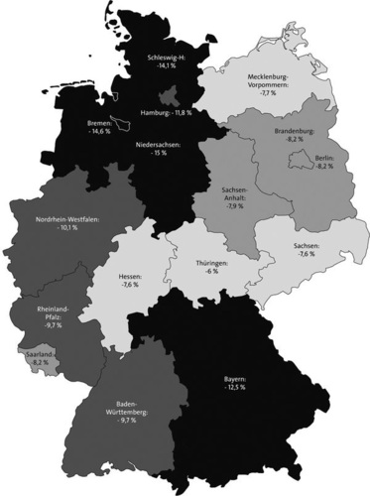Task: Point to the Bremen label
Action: pos(101,124)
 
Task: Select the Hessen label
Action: pos(130,275)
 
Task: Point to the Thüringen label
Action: pos(211,264)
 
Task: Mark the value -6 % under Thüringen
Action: pos(211,274)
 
